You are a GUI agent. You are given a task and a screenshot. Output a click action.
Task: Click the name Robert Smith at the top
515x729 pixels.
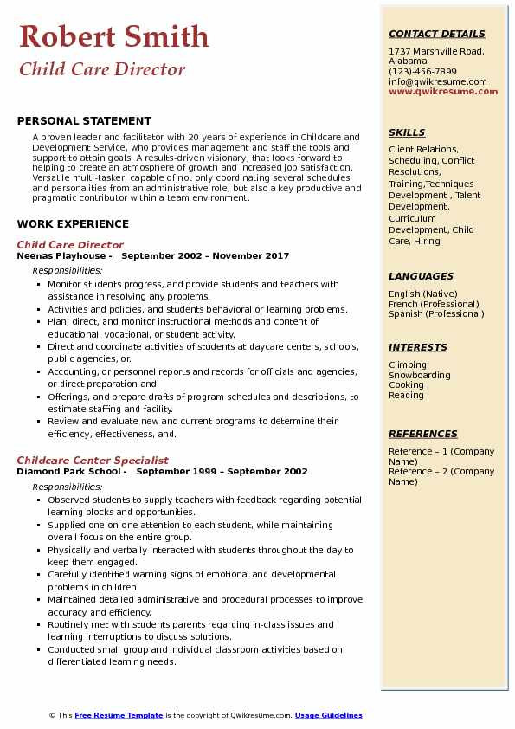coord(113,36)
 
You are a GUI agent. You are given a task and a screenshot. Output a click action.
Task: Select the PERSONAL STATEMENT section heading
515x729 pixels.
coord(84,121)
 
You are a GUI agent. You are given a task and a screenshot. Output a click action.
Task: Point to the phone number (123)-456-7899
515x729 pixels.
coord(422,72)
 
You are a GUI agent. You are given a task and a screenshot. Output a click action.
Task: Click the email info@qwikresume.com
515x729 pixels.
coord(438,82)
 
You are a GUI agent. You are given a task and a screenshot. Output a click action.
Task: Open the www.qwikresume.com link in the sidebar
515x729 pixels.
coord(443,92)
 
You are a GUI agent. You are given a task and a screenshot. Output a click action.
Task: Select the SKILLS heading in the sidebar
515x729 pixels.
coord(407,132)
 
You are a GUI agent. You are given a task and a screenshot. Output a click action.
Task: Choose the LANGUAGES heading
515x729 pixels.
coord(421,276)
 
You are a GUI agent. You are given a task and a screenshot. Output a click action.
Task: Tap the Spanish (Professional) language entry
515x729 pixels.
coord(436,314)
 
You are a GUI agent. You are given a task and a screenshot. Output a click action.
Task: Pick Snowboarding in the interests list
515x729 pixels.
coord(420,376)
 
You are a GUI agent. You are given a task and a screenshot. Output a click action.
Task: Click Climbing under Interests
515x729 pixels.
coord(408,365)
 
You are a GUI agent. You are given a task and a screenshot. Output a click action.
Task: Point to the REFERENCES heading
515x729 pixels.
coord(423,434)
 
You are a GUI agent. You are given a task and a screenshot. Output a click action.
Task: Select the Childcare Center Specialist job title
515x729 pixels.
coord(93,461)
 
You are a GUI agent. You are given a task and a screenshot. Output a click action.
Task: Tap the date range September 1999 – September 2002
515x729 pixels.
coord(222,472)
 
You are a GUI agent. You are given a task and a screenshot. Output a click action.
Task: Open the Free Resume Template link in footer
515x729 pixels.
coord(119,715)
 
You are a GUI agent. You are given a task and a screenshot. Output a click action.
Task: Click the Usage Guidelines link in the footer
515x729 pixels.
coord(328,715)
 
